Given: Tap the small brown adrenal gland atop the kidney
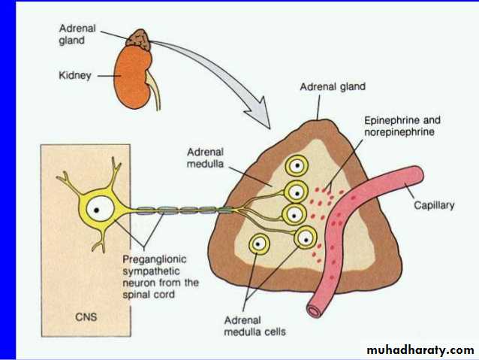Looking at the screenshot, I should pyautogui.click(x=138, y=38).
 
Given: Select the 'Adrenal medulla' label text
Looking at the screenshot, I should pyautogui.click(x=207, y=156).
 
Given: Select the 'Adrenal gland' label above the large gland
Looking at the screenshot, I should pyautogui.click(x=332, y=87).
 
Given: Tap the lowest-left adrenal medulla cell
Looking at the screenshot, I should pyautogui.click(x=261, y=244).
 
